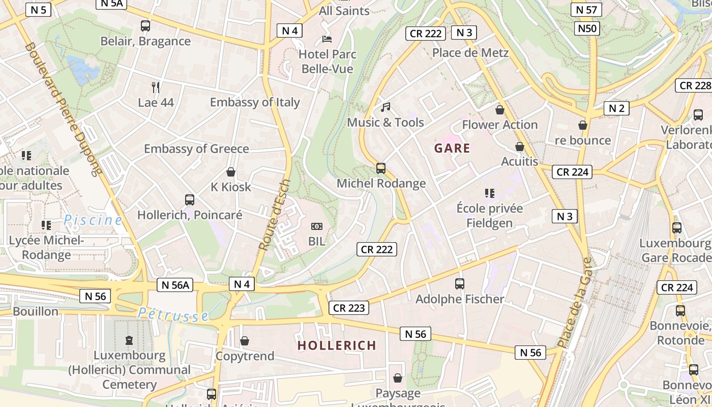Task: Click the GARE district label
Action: [x=452, y=149]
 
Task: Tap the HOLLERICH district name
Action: [x=337, y=345]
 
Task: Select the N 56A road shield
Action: [x=175, y=285]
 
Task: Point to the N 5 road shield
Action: [x=38, y=10]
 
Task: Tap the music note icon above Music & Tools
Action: [x=385, y=107]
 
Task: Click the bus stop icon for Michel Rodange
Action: [x=380, y=168]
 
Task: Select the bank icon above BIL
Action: [x=316, y=226]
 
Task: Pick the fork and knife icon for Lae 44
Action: [x=156, y=88]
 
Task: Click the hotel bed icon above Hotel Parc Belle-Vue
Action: [x=327, y=39]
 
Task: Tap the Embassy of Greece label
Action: [x=196, y=149]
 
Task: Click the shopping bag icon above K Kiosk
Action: [x=231, y=172]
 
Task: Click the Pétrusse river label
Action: [x=173, y=314]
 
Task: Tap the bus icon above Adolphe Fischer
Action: [x=460, y=284]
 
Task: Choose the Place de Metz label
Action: [x=470, y=53]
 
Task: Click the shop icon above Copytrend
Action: [x=245, y=341]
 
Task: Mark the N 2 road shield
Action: [x=616, y=108]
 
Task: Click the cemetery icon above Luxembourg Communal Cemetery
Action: [x=129, y=340]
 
